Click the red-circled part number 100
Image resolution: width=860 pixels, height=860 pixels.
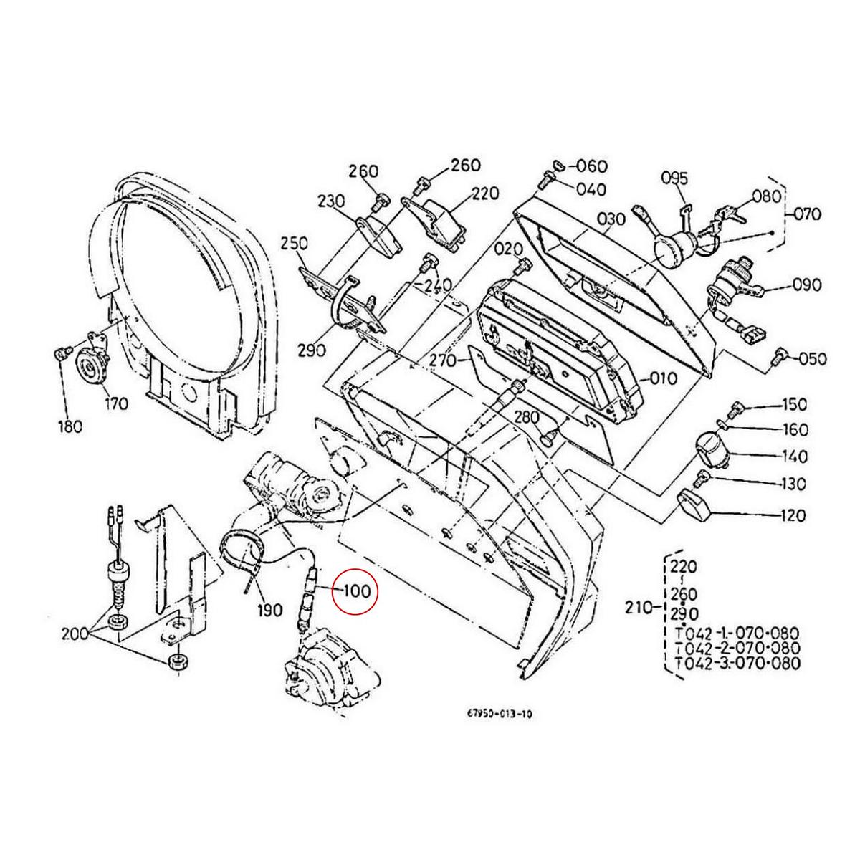pyautogui.click(x=356, y=592)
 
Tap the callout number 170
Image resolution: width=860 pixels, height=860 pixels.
pyautogui.click(x=115, y=403)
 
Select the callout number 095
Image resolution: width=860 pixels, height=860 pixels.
pyautogui.click(x=674, y=178)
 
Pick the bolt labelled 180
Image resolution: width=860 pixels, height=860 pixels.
pyautogui.click(x=61, y=353)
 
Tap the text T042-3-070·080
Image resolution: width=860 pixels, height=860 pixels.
pyautogui.click(x=727, y=663)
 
